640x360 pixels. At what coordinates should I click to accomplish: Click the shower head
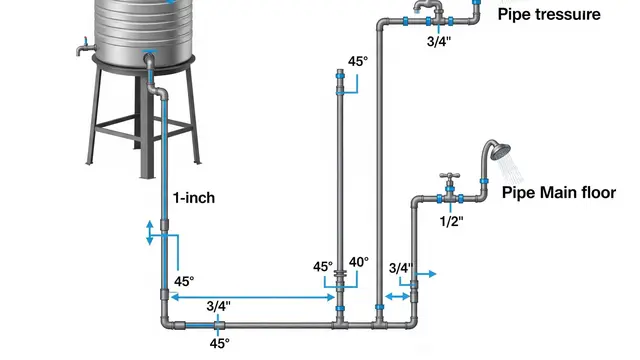pos(500,152)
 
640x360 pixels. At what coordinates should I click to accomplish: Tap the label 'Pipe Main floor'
pos(559,193)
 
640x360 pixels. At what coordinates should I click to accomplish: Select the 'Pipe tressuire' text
pos(549,14)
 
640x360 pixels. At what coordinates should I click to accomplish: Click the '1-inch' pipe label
pos(194,198)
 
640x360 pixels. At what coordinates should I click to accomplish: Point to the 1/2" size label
pos(451,221)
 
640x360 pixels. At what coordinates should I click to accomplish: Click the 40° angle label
pos(359,262)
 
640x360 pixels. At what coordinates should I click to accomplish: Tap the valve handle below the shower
pos(450,176)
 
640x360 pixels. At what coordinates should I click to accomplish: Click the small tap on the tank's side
pos(84,47)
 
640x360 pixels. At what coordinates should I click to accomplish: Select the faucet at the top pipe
pos(429,7)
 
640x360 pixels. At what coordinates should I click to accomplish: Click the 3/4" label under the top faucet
pos(439,41)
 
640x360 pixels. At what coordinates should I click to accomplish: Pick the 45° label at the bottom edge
pos(220,344)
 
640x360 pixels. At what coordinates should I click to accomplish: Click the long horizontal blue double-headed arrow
pos(253,297)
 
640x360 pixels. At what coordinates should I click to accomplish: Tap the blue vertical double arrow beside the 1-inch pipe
pos(150,233)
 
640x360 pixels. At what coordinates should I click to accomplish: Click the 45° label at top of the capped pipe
pos(358,62)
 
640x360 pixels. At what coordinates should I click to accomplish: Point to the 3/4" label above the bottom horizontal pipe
pos(218,306)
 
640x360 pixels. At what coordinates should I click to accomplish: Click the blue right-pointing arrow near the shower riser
pos(427,274)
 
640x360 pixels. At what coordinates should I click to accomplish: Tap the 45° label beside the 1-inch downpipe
pos(184,282)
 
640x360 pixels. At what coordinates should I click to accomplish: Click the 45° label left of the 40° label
pos(323,267)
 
